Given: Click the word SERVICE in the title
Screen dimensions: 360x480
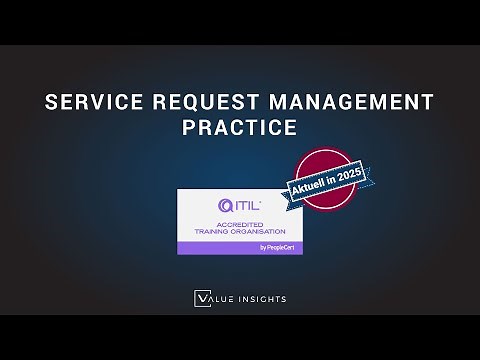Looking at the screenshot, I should pos(91,102).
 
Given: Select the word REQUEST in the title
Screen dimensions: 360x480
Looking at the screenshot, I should pos(198,102).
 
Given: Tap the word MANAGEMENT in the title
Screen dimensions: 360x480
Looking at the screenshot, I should pos(345,102).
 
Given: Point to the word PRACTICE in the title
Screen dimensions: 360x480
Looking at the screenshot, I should pos(240,129).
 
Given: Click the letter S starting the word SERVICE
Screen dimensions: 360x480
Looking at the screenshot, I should pos(53,102).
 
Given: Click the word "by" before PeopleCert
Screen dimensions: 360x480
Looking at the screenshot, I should pos(233,247).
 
